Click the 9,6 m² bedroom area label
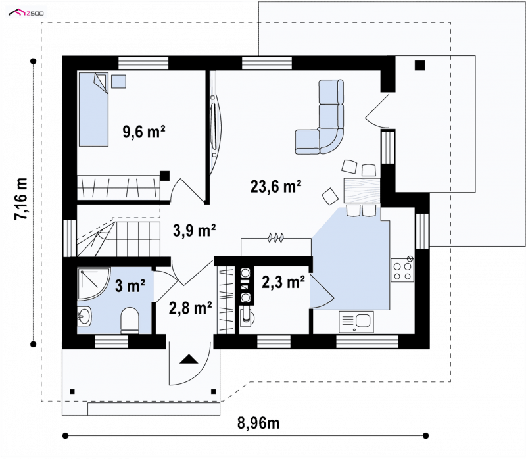[x=144, y=132]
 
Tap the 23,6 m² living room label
[x=275, y=186]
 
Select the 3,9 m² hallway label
[x=194, y=230]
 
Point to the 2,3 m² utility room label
[x=283, y=282]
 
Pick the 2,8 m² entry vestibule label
[x=190, y=308]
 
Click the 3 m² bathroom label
[x=130, y=285]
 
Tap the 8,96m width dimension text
[x=258, y=423]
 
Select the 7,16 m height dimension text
[x=21, y=199]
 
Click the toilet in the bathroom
[x=130, y=321]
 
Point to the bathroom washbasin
[x=84, y=316]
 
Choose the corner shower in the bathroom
[x=93, y=283]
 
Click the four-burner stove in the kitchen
[x=402, y=270]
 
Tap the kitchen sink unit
[x=356, y=322]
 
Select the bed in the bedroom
[x=93, y=109]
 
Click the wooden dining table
[x=362, y=191]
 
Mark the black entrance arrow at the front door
[x=189, y=359]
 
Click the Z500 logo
[x=26, y=13]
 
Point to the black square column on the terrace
[x=419, y=65]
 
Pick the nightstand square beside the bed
[x=119, y=82]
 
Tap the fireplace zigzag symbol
[x=275, y=238]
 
